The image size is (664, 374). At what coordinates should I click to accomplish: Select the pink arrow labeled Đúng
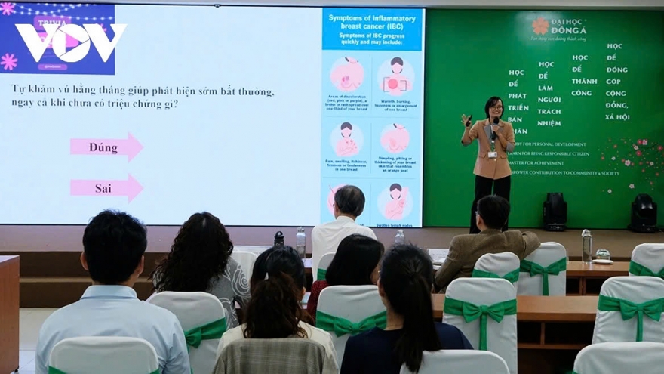point(106,147)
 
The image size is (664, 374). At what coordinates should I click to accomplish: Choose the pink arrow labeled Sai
point(106,188)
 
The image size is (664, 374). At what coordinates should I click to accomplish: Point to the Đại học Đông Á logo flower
point(540,27)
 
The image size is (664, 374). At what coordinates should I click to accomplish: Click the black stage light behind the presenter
point(555,211)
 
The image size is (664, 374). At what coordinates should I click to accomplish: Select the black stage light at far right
point(643,212)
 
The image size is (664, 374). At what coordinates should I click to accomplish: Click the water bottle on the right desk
point(586,246)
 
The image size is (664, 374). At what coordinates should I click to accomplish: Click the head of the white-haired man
point(349,201)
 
